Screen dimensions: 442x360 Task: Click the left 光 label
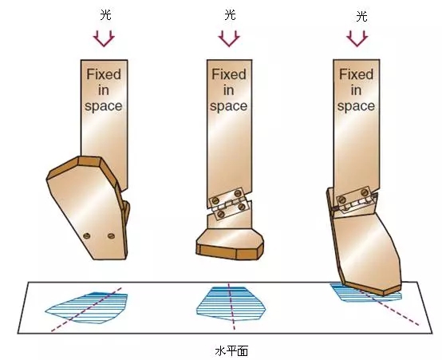(x=106, y=14)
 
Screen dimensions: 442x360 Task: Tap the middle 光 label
(x=230, y=14)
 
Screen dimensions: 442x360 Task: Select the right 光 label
(x=361, y=16)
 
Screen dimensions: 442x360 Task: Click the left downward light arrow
(x=104, y=38)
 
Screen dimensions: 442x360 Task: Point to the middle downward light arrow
(x=229, y=38)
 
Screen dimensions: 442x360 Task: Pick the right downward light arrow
(x=357, y=38)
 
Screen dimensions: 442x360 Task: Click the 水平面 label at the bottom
(x=231, y=351)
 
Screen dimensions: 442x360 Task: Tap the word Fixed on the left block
(x=104, y=74)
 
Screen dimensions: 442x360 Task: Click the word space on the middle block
(x=229, y=107)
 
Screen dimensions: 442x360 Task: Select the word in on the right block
(x=357, y=90)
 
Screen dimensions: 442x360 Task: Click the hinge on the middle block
(x=230, y=204)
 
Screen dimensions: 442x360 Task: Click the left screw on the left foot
(x=86, y=235)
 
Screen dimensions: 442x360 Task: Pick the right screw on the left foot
(x=111, y=235)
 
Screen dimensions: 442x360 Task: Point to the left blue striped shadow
(x=86, y=308)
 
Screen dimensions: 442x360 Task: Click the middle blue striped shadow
(x=231, y=304)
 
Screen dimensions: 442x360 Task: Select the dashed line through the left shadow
(x=86, y=310)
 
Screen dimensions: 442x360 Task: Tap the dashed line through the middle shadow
(x=231, y=306)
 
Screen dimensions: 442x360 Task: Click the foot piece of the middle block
(x=230, y=244)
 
